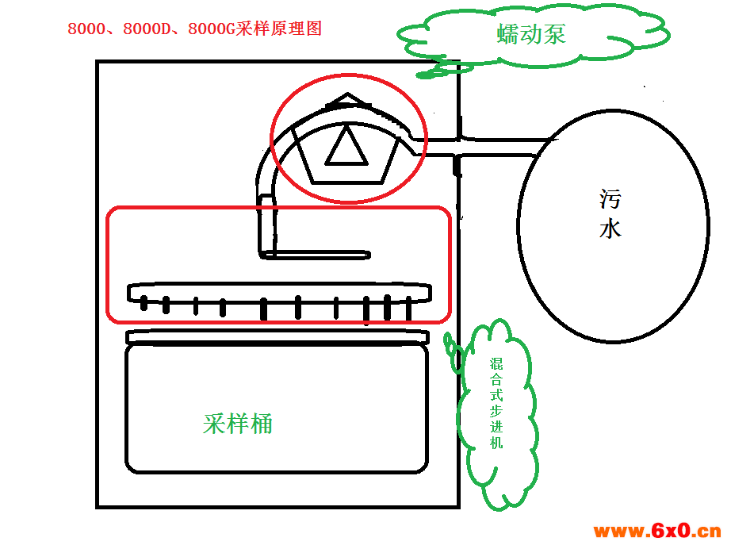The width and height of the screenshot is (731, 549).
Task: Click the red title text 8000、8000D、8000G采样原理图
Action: (194, 29)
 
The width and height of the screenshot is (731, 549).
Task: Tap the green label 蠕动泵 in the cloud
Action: (531, 34)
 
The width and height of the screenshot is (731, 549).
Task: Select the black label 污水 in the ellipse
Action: (610, 213)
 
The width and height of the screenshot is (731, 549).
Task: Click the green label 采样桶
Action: (237, 424)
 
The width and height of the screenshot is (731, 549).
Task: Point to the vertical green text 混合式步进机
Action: (496, 404)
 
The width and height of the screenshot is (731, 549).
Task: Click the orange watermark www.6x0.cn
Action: (657, 531)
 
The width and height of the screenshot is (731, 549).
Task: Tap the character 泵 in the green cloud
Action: (555, 34)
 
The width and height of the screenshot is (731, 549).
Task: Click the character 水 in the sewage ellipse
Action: (610, 229)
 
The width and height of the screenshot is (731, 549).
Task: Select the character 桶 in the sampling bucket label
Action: (261, 424)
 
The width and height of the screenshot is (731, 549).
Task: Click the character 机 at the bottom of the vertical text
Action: (496, 442)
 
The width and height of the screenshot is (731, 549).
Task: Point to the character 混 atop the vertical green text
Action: (496, 364)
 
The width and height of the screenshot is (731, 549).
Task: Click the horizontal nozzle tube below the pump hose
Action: (315, 255)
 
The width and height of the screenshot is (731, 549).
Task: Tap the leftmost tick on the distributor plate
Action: (144, 303)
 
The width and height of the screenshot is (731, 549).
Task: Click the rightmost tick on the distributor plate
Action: (409, 308)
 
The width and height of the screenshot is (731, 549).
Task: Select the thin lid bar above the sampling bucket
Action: (277, 336)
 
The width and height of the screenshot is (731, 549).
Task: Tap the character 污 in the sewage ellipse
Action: (610, 198)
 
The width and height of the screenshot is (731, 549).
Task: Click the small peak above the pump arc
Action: (348, 99)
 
